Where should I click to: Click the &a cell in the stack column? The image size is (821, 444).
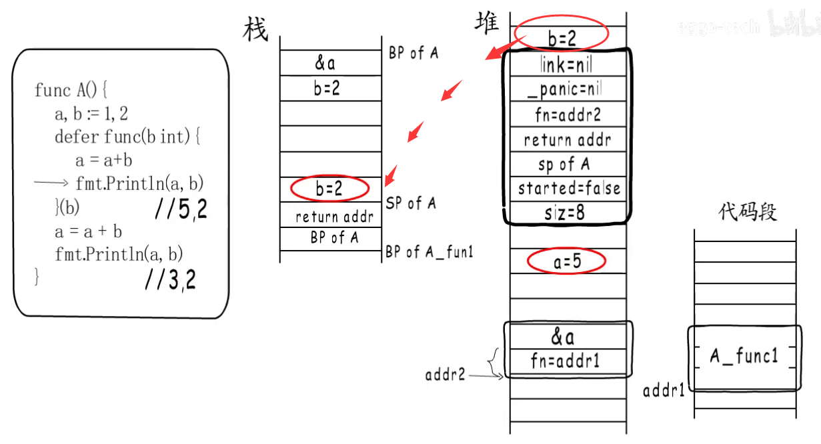coord(325,63)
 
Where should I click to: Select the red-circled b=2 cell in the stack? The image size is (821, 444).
coord(329,189)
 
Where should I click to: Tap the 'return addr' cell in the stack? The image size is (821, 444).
coord(333,217)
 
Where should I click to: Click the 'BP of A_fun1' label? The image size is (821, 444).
coord(429,252)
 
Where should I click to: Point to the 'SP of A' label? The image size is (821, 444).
coord(411,203)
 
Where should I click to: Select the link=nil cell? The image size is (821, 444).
coord(566,65)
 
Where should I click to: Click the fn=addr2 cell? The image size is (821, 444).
coord(568,115)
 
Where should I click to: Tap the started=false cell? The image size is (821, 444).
coord(569,189)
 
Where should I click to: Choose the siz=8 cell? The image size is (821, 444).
coord(566,213)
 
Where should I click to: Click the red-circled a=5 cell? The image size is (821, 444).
coord(567,262)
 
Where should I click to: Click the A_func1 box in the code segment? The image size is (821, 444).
coord(744,357)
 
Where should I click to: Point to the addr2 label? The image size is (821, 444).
coord(446,375)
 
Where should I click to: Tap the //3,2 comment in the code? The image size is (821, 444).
coord(171,281)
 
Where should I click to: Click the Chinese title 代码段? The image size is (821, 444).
coord(747,213)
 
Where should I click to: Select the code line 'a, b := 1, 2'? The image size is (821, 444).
coord(91,115)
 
